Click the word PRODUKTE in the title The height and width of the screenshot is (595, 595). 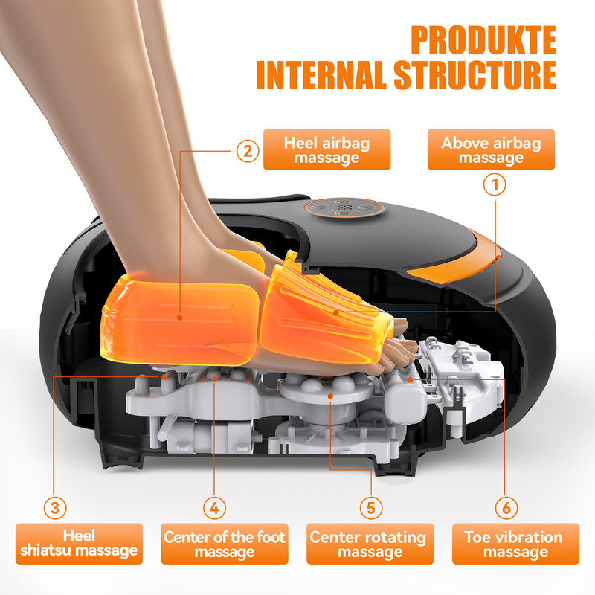coord(483,41)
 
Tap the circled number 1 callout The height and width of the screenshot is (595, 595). coord(495,183)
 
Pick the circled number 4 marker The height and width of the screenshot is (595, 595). coord(213,507)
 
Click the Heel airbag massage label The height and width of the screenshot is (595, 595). coord(327,150)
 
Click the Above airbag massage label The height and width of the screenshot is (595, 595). coord(491,150)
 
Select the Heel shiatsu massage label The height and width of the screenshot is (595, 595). coord(78,544)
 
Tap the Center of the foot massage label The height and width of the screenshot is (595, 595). coord(225,544)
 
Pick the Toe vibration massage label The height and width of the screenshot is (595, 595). coord(514,544)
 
